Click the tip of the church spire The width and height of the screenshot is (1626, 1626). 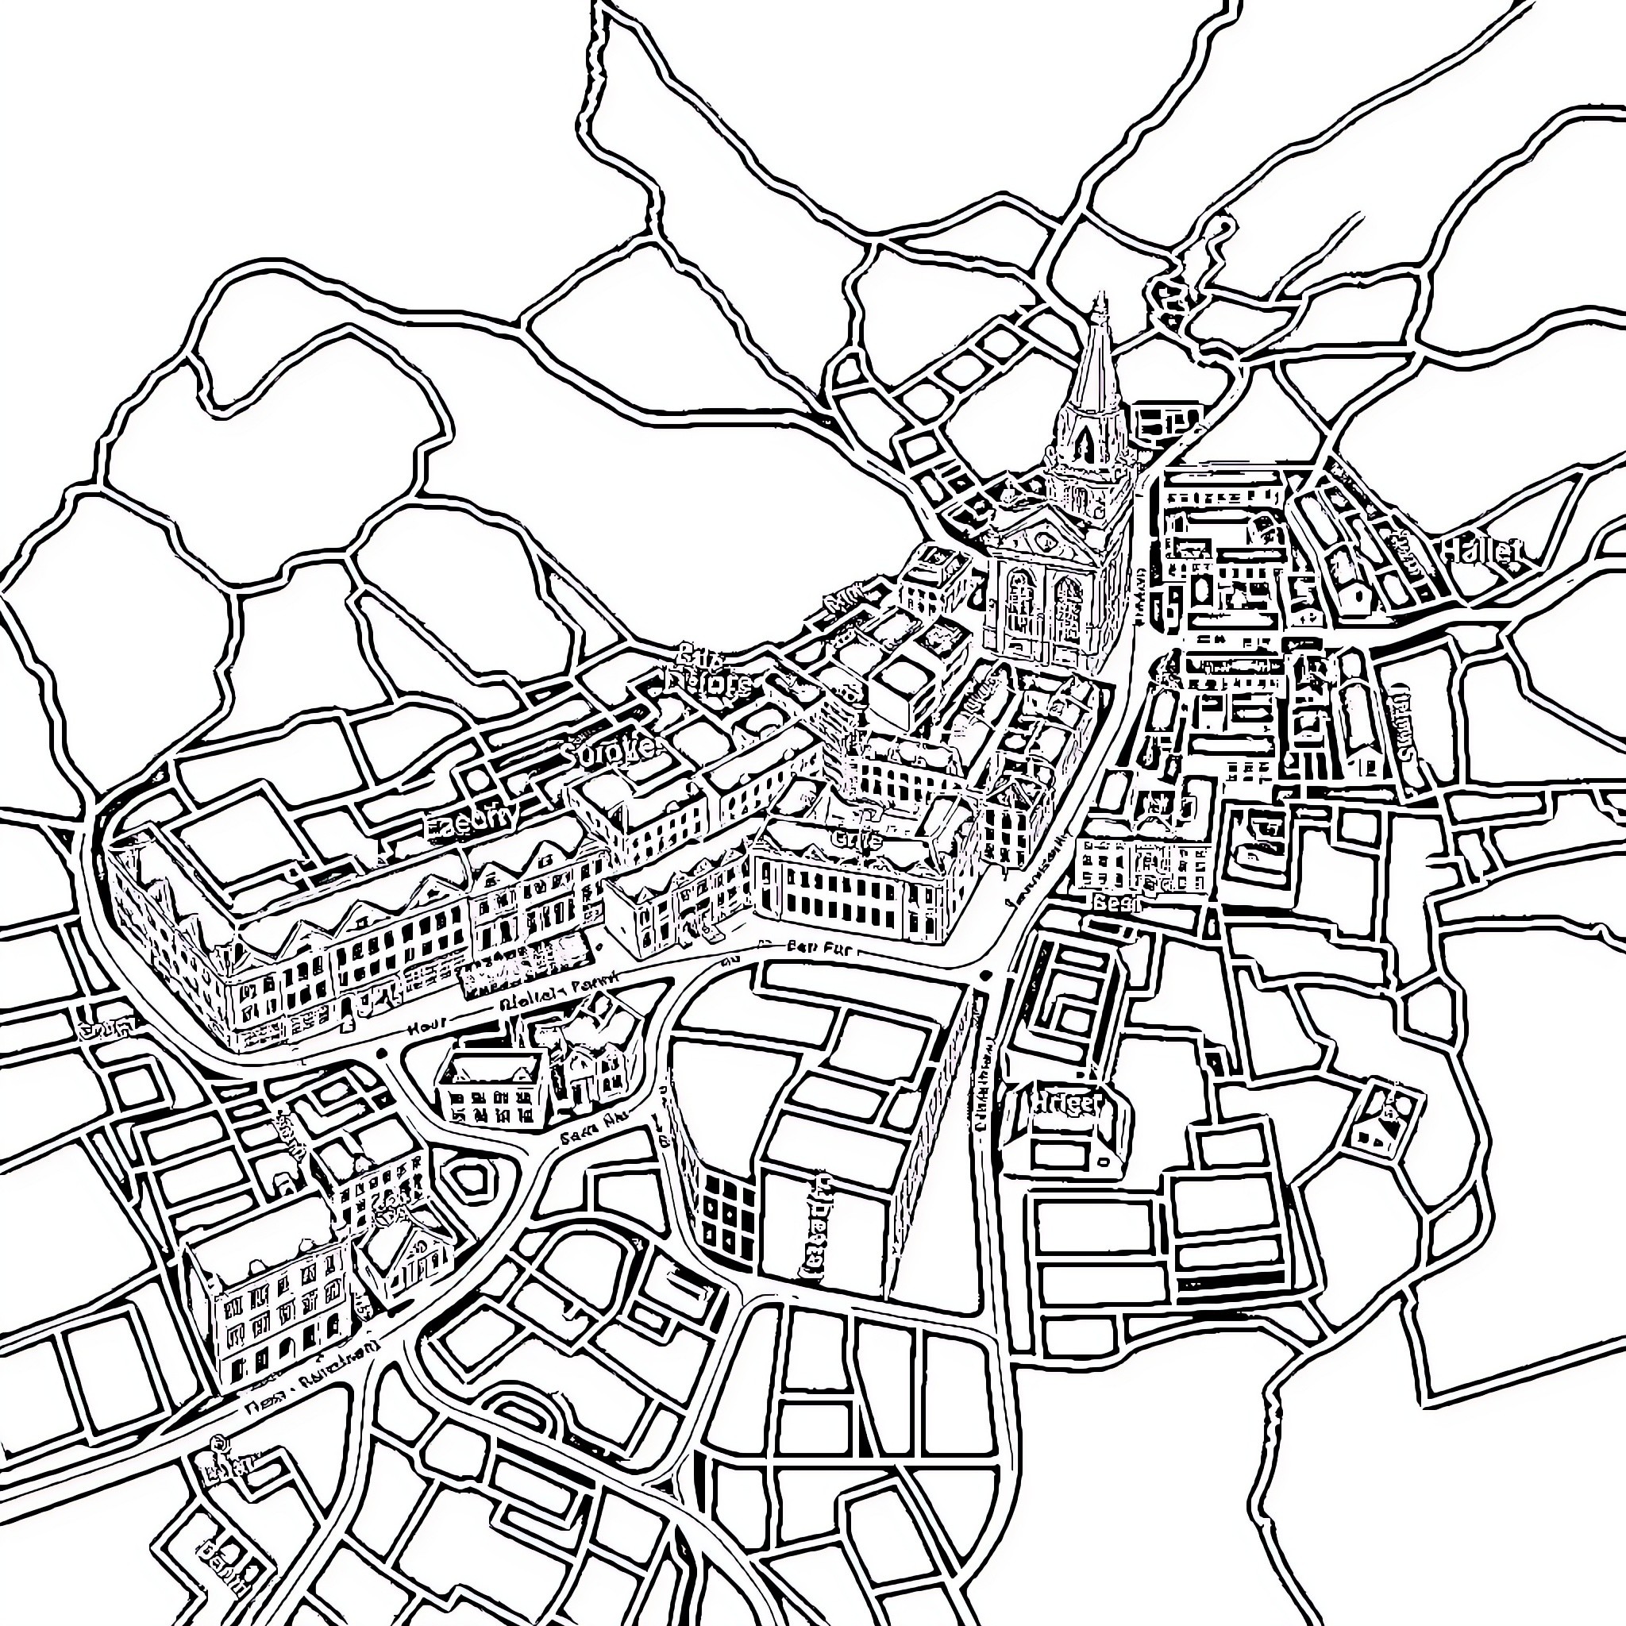pos(1099,296)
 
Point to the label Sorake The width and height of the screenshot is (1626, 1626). pos(611,749)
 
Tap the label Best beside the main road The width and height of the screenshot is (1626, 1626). pos(1117,903)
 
